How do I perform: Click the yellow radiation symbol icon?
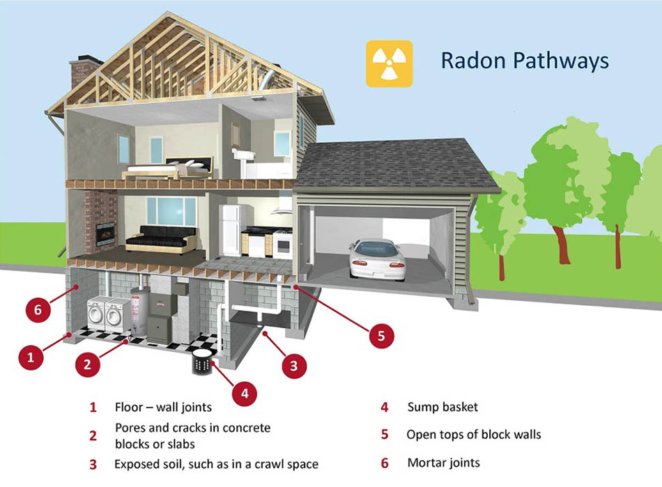[x=389, y=63]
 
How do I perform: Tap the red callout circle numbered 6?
[x=38, y=309]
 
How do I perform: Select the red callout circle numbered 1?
[x=30, y=358]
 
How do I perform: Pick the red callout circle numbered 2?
[x=88, y=363]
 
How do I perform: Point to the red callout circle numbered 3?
[x=293, y=364]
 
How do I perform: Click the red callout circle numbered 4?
[x=244, y=394]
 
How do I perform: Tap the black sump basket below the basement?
[x=203, y=361]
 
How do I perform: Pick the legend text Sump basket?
[x=442, y=407]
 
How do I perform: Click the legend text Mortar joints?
[x=443, y=463]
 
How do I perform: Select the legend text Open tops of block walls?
[x=474, y=435]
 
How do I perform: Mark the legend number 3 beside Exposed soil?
[x=93, y=464]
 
